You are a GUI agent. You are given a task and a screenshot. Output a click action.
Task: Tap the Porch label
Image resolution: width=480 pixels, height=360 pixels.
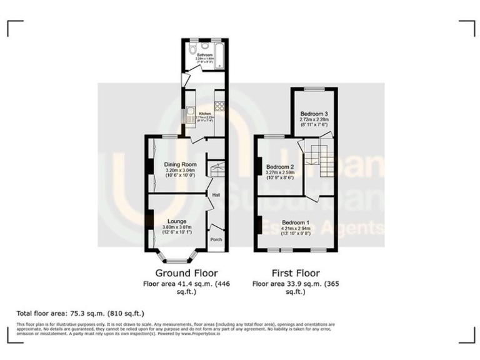coord(216,240)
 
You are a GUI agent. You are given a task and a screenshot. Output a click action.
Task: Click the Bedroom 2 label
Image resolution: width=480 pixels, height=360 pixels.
coord(279,167)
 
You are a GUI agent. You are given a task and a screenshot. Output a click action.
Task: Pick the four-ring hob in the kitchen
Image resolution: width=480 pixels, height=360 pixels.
coord(219,106)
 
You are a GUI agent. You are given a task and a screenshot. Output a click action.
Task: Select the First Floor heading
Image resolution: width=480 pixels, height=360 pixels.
coord(296,273)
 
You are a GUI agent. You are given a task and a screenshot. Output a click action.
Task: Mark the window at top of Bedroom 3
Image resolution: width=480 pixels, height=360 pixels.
coord(312,90)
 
